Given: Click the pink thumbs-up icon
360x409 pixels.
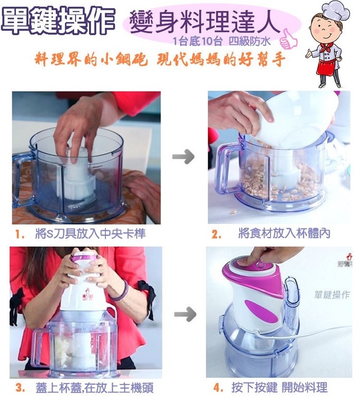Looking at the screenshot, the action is (288, 40).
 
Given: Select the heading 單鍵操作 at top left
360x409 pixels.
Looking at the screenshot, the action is (58, 21).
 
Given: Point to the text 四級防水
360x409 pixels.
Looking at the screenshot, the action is (249, 42).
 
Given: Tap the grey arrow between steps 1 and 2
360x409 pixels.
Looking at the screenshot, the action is (184, 157).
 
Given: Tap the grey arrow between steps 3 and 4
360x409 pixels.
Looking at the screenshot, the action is (185, 314).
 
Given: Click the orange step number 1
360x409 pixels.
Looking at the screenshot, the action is (19, 234).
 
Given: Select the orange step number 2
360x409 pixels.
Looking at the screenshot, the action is (216, 234).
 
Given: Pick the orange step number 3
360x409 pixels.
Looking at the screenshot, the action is (20, 387).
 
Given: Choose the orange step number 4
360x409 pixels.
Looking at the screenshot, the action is (218, 387).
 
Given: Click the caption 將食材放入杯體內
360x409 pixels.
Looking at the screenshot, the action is (284, 234).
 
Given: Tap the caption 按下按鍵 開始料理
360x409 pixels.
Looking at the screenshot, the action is (279, 387).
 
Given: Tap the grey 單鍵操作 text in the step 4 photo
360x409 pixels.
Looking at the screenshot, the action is (332, 295).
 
